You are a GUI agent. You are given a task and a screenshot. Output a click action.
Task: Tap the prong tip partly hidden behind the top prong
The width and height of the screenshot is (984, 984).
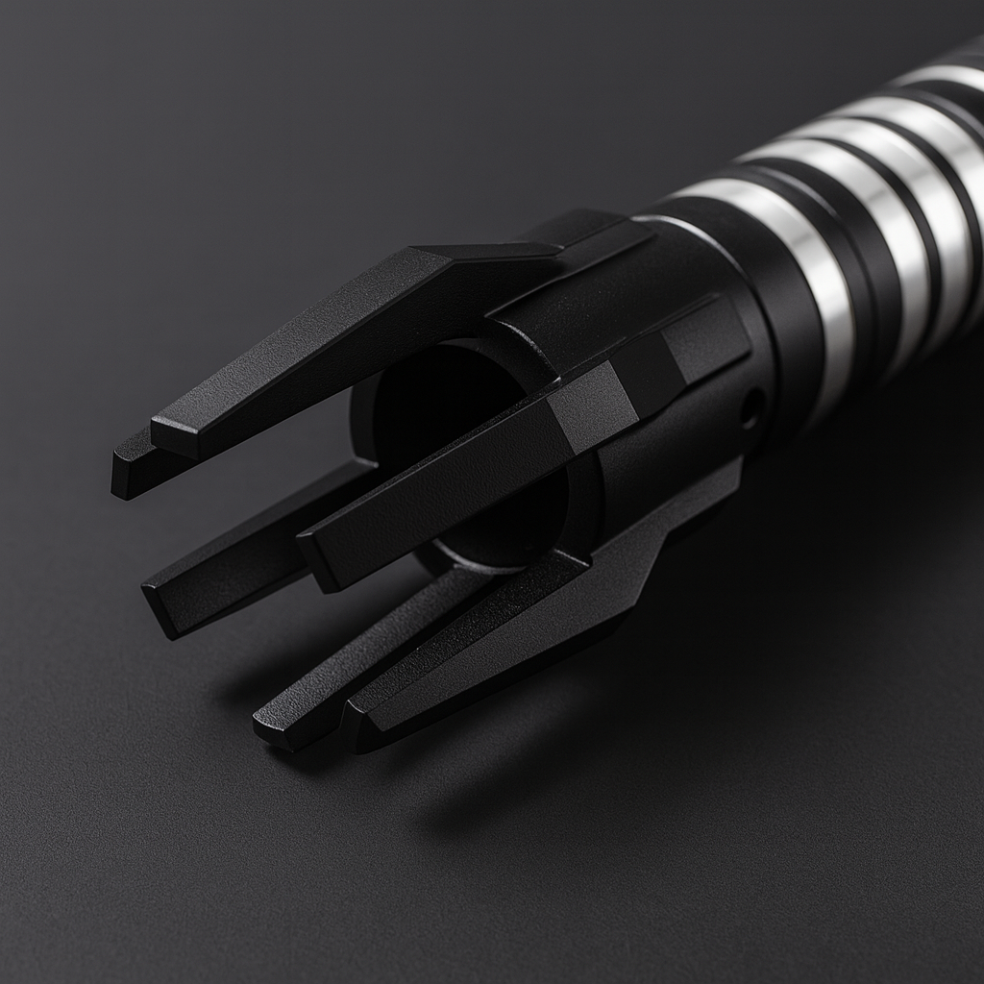click(123, 477)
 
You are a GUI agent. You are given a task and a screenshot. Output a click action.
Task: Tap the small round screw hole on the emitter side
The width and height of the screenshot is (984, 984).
click(751, 409)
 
